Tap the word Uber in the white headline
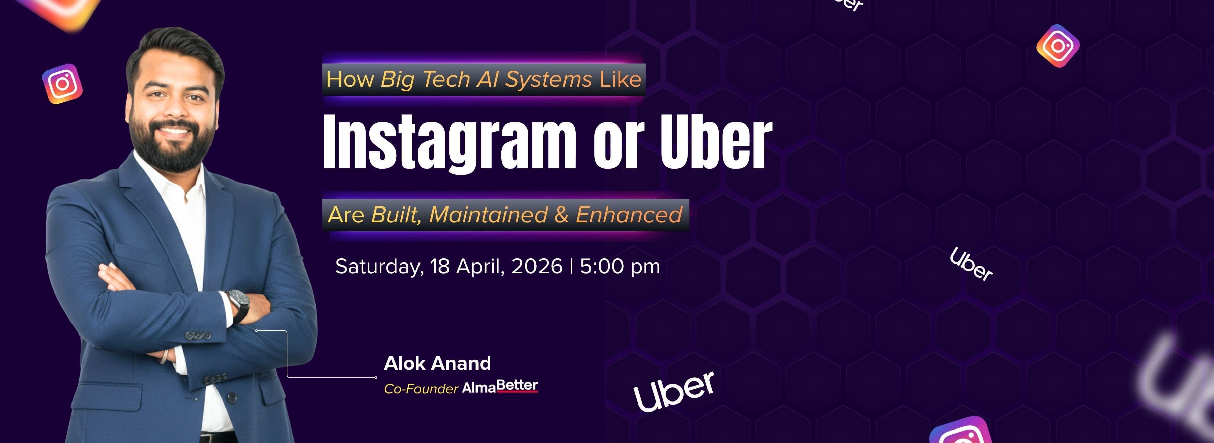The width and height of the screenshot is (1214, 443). (715, 141)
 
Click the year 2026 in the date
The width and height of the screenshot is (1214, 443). (537, 267)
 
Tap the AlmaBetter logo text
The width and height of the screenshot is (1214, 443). (499, 387)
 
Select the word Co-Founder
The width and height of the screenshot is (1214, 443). (421, 389)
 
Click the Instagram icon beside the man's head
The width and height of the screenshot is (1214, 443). (62, 84)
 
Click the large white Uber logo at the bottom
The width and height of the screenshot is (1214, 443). (674, 391)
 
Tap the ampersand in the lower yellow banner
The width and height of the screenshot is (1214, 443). (561, 215)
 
